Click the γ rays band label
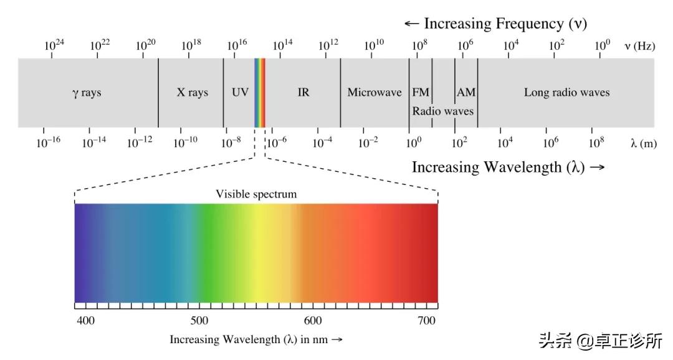coord(86,93)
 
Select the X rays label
coord(193,93)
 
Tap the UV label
coord(240,93)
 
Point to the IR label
coord(303,93)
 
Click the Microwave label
coord(375,93)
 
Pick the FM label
coord(421,93)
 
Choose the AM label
coord(466,93)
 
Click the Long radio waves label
coord(566,93)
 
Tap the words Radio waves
coord(442,111)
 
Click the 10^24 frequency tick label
coord(54,45)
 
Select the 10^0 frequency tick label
coord(602,45)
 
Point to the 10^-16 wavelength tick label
coord(47,142)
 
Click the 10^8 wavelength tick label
coord(596,142)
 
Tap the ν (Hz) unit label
coord(639,45)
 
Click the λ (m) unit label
coord(643,143)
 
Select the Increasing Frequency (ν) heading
coord(496,24)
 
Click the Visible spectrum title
coord(256,194)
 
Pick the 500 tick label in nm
coord(199,320)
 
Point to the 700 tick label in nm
coord(427,320)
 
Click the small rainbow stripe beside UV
coord(260,93)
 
